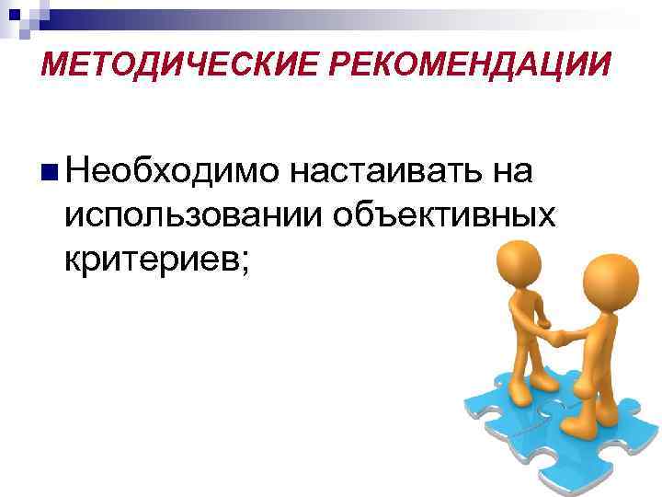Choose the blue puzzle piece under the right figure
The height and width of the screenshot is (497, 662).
(598, 442)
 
